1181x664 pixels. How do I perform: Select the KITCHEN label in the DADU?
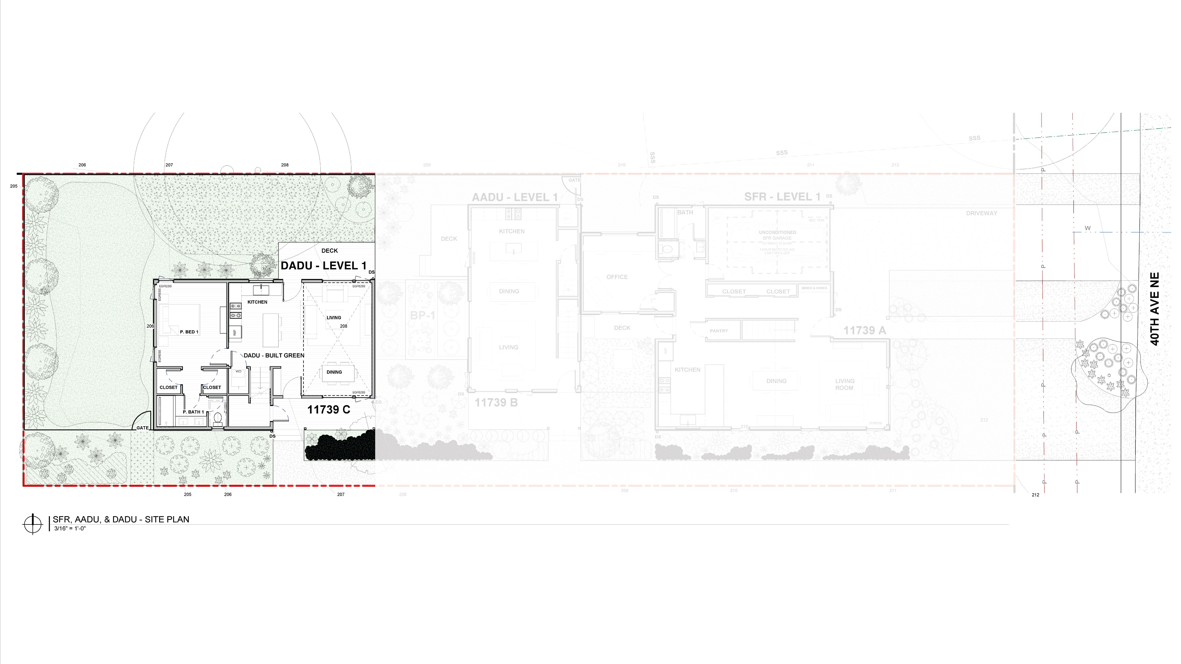(x=257, y=302)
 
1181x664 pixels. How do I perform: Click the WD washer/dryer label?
(x=238, y=372)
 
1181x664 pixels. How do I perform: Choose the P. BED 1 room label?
(x=189, y=332)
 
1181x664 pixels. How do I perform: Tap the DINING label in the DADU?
(x=334, y=372)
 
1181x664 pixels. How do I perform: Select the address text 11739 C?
(x=329, y=410)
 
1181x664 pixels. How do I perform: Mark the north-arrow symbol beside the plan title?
(x=33, y=524)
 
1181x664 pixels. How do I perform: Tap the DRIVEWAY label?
(x=982, y=213)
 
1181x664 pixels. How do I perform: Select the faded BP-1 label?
(x=422, y=315)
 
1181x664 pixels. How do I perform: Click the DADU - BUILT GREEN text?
(x=274, y=356)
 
